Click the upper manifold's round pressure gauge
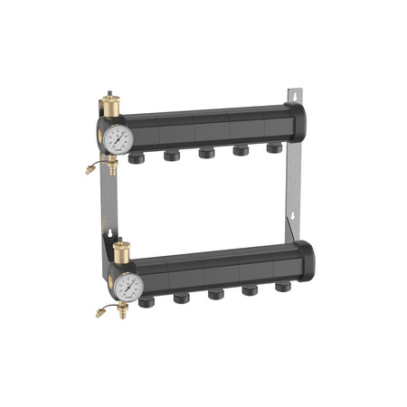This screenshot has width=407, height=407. [118, 138]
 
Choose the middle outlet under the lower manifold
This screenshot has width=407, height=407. [216, 294]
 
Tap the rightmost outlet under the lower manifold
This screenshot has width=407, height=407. [282, 287]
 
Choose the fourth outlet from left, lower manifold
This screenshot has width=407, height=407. [250, 290]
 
